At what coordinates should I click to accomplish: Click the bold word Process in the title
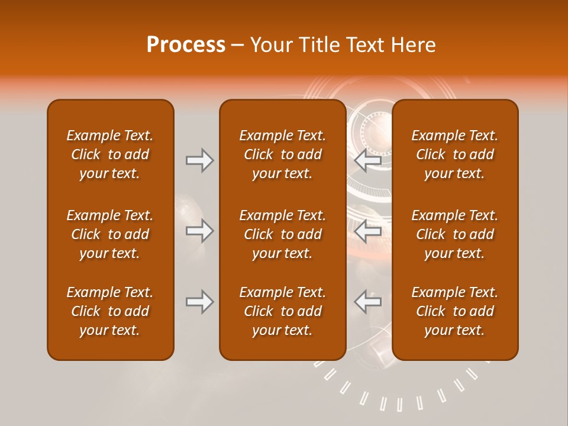(x=186, y=45)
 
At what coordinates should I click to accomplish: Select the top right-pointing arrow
(x=199, y=160)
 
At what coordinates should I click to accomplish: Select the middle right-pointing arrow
(x=199, y=231)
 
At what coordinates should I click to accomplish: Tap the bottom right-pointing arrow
(x=199, y=302)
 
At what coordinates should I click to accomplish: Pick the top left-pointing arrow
(x=367, y=160)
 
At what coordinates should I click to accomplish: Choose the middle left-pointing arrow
(x=367, y=231)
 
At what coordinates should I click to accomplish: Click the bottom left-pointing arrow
(x=367, y=302)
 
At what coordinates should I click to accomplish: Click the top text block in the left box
(x=110, y=154)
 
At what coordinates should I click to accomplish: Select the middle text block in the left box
(x=110, y=234)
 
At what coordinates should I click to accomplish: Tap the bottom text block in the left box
(x=110, y=311)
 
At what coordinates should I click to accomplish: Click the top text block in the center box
(x=282, y=154)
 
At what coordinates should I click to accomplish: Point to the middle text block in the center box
(x=282, y=234)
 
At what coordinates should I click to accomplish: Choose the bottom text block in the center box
(x=282, y=311)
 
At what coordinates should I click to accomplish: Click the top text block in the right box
(x=454, y=154)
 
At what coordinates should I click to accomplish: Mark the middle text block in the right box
(x=454, y=234)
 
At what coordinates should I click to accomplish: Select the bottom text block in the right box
(x=454, y=311)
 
